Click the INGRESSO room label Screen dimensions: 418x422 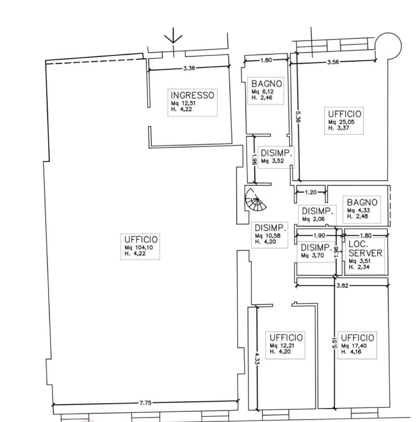193,95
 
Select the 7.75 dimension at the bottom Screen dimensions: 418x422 145,403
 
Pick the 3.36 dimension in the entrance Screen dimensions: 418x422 189,68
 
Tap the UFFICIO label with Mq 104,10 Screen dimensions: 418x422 141,240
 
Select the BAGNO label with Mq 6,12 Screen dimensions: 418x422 267,83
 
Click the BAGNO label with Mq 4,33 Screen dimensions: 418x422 362,202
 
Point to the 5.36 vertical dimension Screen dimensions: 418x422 298,117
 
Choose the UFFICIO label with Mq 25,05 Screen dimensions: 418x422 344,114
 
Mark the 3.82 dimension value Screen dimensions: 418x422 342,285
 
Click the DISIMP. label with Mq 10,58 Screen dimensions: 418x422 270,228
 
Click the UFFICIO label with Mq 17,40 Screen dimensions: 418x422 357,338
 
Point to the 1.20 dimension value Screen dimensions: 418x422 311,193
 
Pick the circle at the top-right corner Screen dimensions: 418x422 388,46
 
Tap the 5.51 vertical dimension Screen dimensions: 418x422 334,343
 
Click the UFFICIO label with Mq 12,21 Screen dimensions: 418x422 286,337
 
